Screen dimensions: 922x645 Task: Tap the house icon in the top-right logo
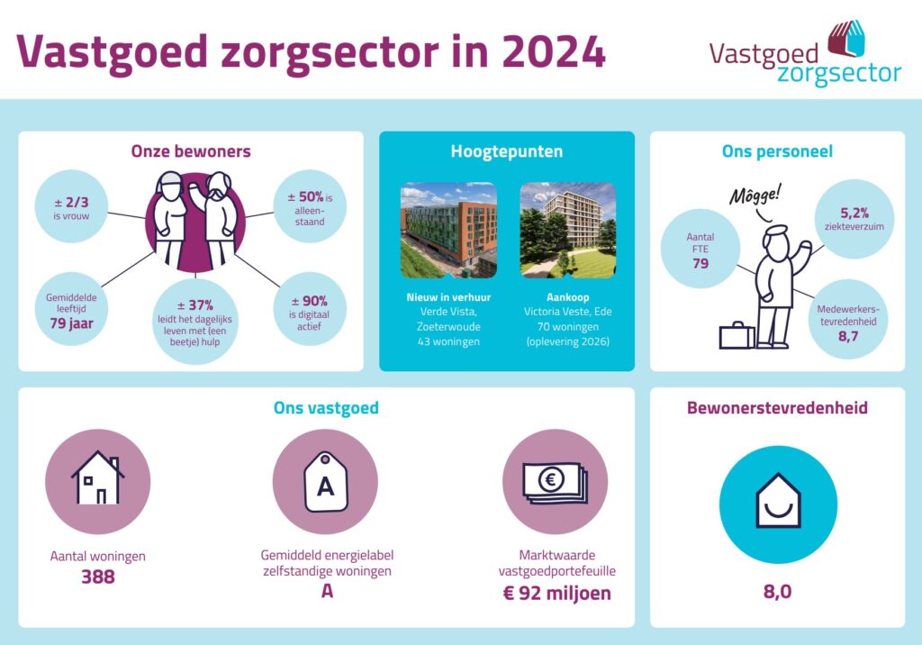(846, 38)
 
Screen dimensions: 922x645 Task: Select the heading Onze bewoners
(191, 151)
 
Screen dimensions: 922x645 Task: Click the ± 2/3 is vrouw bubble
(72, 206)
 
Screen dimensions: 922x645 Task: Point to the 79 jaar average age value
(72, 323)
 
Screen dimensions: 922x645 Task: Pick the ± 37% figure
(195, 304)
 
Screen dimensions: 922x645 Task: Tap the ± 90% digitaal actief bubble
(310, 309)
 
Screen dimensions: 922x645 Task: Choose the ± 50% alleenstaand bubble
(310, 206)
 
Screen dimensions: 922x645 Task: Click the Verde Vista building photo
(448, 230)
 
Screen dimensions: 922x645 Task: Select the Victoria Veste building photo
(568, 230)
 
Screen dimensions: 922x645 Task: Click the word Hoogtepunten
(507, 151)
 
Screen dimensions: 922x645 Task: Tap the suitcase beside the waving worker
(737, 335)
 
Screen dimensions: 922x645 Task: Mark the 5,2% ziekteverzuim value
(854, 213)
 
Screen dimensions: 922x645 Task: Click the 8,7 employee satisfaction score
(848, 337)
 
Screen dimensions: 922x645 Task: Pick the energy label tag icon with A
(326, 482)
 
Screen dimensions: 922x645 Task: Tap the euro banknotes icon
(555, 482)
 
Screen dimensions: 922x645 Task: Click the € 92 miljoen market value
(556, 593)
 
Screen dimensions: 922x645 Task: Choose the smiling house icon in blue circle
(778, 500)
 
